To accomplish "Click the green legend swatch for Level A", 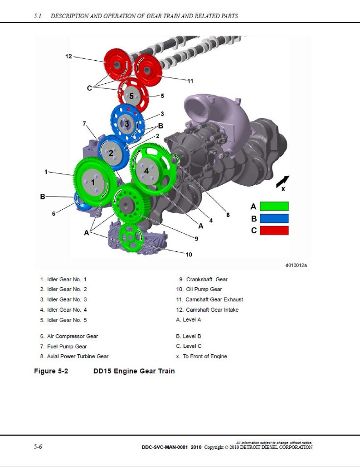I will pyautogui.click(x=273, y=206).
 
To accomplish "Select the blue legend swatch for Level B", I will pyautogui.click(x=273, y=218).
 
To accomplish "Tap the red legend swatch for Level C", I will pyautogui.click(x=273, y=230).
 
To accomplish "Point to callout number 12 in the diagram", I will pyautogui.click(x=68, y=57).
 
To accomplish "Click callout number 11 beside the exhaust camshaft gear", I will pyautogui.click(x=190, y=81).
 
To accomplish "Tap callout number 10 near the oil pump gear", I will pyautogui.click(x=189, y=255).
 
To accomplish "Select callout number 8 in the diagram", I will pyautogui.click(x=228, y=215).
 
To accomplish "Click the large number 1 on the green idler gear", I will pyautogui.click(x=93, y=182).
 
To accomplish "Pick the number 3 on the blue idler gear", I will pyautogui.click(x=127, y=123).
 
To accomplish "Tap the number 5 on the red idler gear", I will pyautogui.click(x=131, y=96).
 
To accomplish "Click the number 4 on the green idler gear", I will pyautogui.click(x=146, y=171).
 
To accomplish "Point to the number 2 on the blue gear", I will pyautogui.click(x=110, y=153).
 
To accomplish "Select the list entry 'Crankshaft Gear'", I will pyautogui.click(x=203, y=279).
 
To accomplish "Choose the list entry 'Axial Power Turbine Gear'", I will pyautogui.click(x=74, y=356).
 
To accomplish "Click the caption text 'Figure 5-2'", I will pyautogui.click(x=51, y=371).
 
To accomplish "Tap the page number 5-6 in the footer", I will pyautogui.click(x=38, y=447).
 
